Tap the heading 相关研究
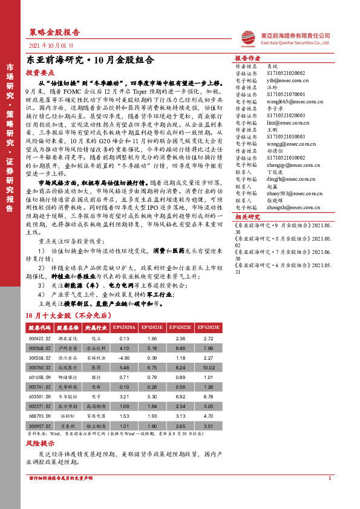247,216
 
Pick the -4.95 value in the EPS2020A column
125,358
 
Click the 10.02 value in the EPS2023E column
208,368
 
